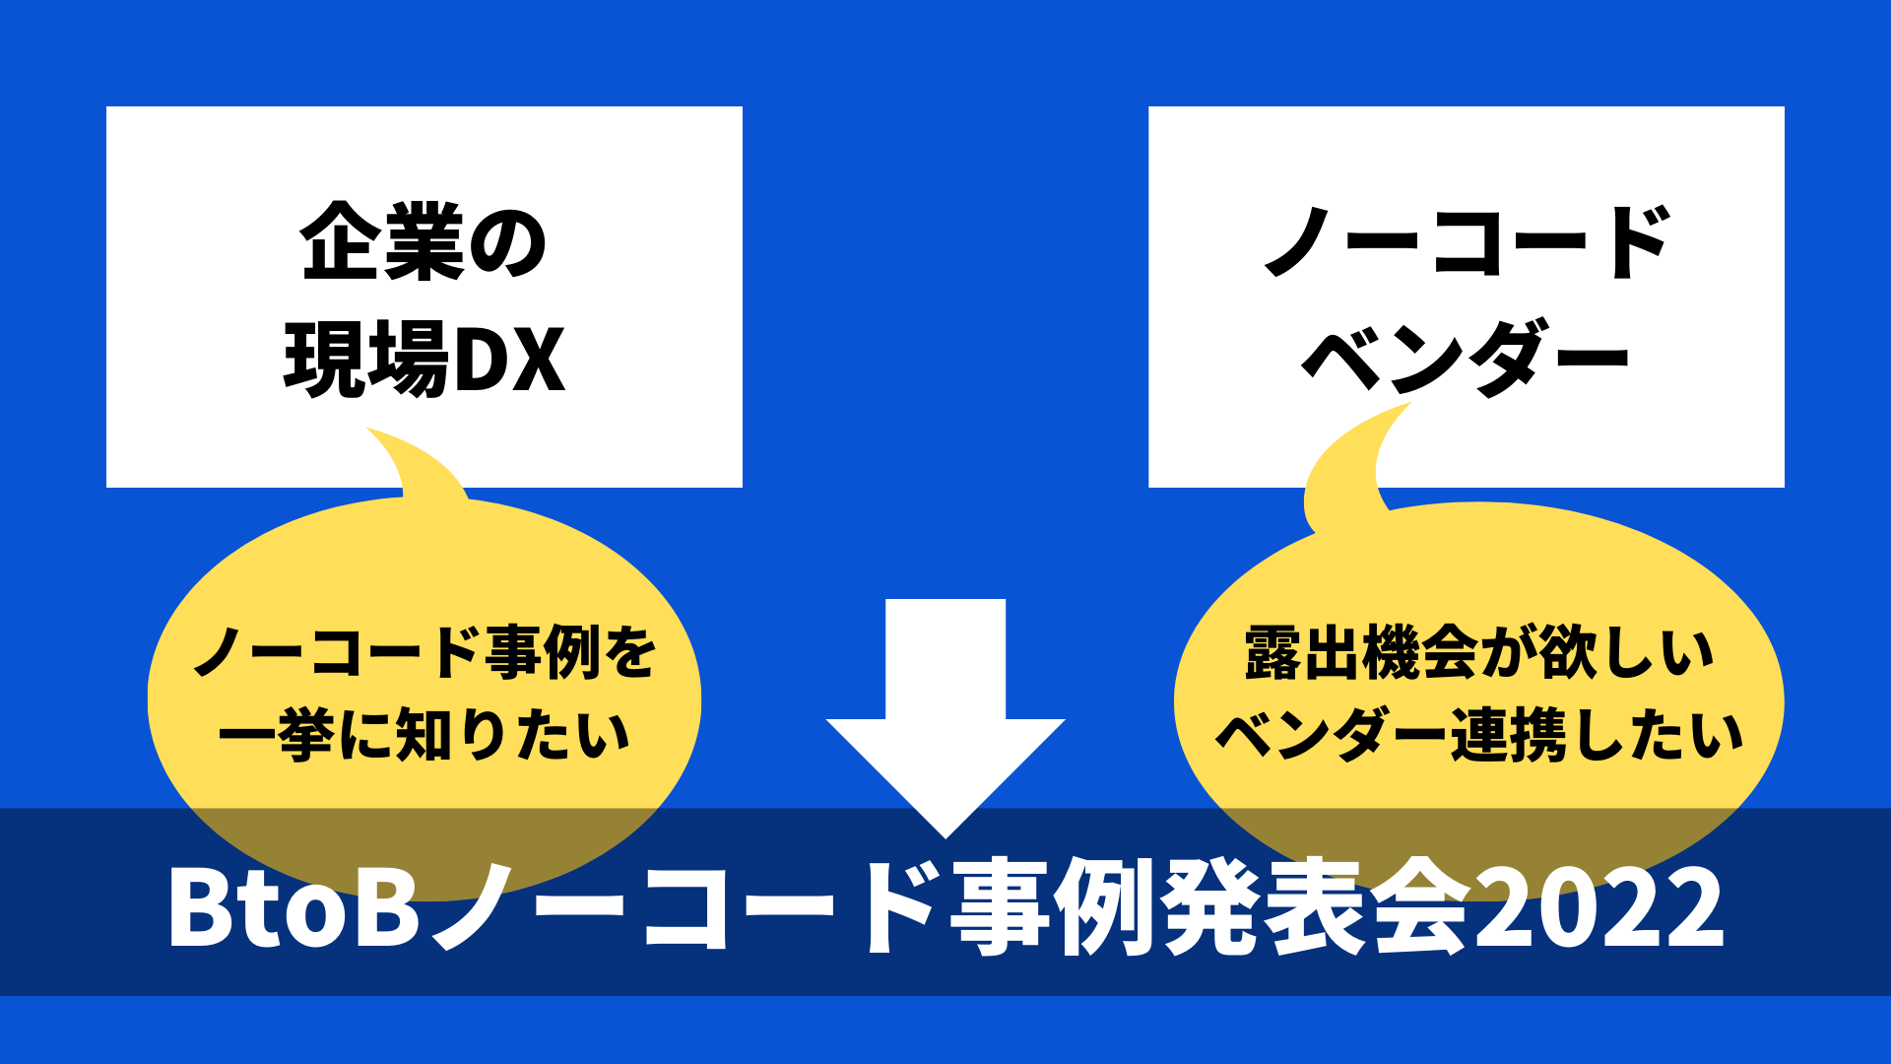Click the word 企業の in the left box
pyautogui.click(x=424, y=242)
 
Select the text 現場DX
pyautogui.click(x=424, y=359)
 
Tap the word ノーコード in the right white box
pyautogui.click(x=1467, y=242)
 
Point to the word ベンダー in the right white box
pyautogui.click(x=1467, y=359)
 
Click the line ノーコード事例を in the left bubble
pyautogui.click(x=424, y=652)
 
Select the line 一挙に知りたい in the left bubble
pyautogui.click(x=424, y=735)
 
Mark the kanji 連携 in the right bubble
pyautogui.click(x=1508, y=735)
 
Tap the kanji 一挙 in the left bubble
pyautogui.click(x=277, y=735)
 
